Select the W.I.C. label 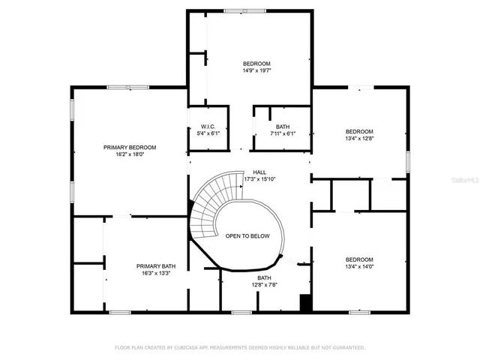(x=208, y=127)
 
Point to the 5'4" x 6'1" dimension (x=208, y=133)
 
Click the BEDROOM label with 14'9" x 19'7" (x=256, y=63)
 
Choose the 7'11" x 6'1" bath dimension (x=282, y=133)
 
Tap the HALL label (x=259, y=172)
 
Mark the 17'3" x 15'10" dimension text (x=259, y=179)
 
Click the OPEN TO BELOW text (x=247, y=235)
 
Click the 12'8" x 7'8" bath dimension (x=264, y=285)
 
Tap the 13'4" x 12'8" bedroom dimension (x=359, y=138)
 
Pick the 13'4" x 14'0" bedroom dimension (x=359, y=266)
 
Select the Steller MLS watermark (x=464, y=181)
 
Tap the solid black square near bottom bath (x=305, y=303)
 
